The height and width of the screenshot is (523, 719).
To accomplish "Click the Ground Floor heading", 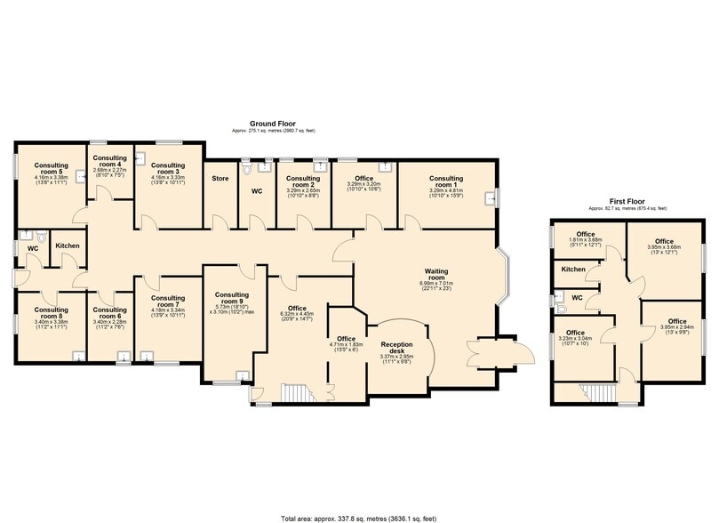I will coord(273,125).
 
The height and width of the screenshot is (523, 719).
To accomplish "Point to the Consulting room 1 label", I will coord(446,181).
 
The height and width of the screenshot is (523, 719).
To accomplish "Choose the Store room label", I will coord(220,178).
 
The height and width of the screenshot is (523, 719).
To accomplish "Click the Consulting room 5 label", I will coord(52,169).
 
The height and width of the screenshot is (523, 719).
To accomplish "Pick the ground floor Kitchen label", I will coord(68,245).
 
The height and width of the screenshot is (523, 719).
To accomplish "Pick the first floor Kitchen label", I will coord(573,269).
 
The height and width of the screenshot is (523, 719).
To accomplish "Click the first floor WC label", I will coord(577,298).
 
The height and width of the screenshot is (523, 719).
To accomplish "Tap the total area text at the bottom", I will coord(359,515).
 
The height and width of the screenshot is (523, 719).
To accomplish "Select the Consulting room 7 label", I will coord(167,302).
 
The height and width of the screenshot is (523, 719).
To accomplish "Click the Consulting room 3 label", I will coord(167,169).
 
